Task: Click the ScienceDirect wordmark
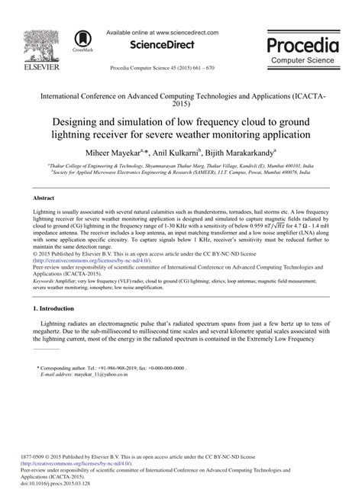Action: tap(161, 45)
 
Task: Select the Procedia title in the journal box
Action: tap(304, 44)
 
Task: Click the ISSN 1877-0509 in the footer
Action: tap(34, 454)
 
